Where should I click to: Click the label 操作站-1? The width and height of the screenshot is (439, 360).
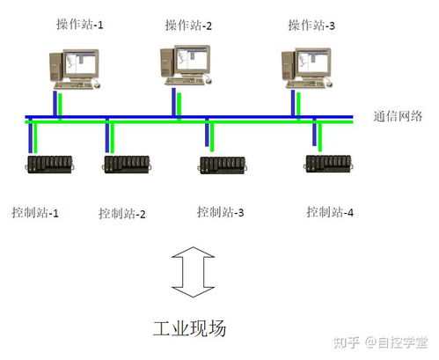click(x=80, y=25)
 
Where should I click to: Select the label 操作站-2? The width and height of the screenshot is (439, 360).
click(x=188, y=26)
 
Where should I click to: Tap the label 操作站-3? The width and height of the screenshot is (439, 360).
click(x=311, y=26)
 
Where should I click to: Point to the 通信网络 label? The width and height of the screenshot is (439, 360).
click(x=398, y=116)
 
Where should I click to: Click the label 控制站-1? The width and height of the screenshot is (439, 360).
click(x=35, y=212)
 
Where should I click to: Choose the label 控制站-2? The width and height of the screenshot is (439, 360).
click(x=122, y=213)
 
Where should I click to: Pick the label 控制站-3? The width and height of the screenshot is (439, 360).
click(x=221, y=212)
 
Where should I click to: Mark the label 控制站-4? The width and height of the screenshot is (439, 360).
click(x=330, y=212)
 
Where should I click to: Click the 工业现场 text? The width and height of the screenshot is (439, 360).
click(x=189, y=328)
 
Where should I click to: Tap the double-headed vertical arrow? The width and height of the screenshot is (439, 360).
click(x=193, y=272)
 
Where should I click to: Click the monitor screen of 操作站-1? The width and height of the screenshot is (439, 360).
click(x=81, y=63)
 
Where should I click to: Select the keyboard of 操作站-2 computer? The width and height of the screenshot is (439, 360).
click(x=185, y=80)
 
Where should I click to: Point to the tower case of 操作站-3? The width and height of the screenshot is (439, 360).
click(x=289, y=65)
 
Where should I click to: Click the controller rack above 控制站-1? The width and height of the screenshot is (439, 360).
click(x=49, y=165)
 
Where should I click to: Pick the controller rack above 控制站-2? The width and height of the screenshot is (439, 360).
click(x=127, y=165)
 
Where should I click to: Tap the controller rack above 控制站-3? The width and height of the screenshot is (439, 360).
click(x=223, y=165)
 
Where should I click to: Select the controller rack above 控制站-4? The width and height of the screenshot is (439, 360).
click(x=328, y=164)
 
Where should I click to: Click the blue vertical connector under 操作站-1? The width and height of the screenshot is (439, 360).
click(x=55, y=104)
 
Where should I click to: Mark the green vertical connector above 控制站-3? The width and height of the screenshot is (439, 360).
click(x=212, y=136)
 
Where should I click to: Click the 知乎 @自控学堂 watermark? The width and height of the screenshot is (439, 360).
click(x=380, y=342)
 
